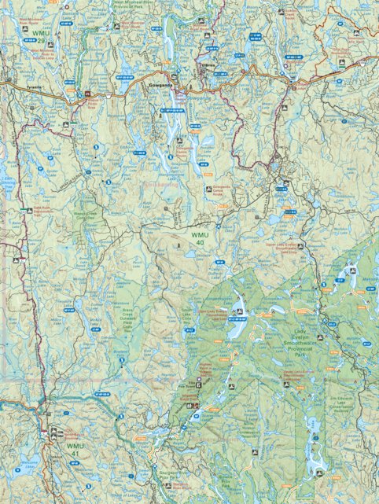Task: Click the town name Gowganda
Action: [x=159, y=83]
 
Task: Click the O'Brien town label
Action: [x=208, y=65]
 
